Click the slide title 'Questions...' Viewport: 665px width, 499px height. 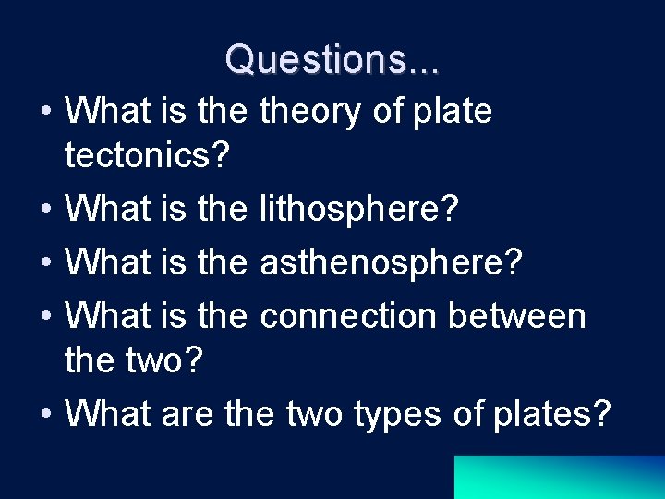(x=332, y=59)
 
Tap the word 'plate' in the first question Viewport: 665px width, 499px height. (x=452, y=113)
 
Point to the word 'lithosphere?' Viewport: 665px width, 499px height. (x=359, y=210)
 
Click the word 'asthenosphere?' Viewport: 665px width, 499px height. (x=392, y=263)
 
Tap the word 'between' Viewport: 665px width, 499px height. (x=518, y=317)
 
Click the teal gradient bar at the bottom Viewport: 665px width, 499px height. (x=559, y=477)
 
